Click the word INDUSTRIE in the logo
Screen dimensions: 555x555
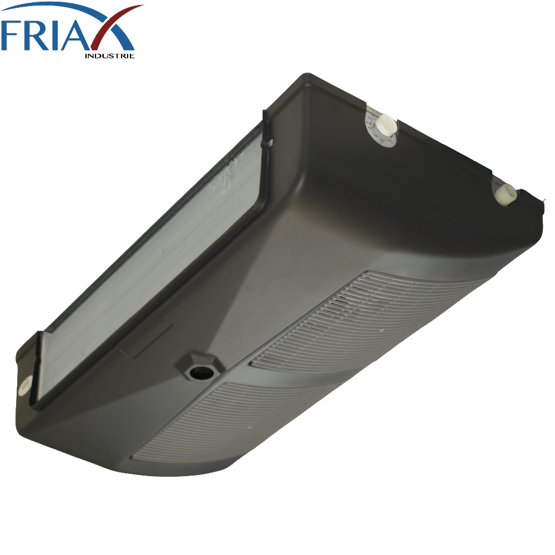click(x=110, y=56)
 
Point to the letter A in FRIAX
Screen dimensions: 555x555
click(x=83, y=36)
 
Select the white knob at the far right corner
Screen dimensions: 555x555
click(x=507, y=195)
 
